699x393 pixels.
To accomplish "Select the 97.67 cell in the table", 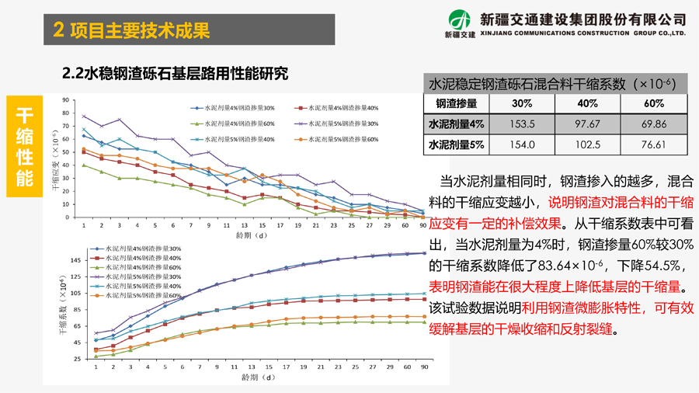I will tap(588, 124).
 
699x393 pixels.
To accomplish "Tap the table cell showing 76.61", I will tap(654, 145).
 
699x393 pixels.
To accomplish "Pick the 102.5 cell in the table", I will tap(588, 145).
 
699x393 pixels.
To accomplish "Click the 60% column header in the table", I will tap(654, 103).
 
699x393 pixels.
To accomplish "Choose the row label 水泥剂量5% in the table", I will tap(457, 145).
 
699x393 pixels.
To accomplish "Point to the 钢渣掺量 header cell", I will tap(457, 103).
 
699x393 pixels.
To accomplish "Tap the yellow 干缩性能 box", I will tap(25, 146).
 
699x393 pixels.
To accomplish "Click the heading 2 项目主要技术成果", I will tap(132, 30).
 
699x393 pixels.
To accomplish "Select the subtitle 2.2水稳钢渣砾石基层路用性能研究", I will tap(175, 74).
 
